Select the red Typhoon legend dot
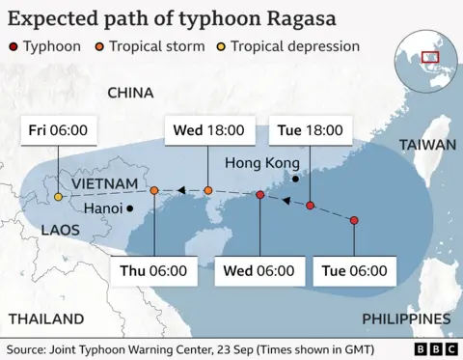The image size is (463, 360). click(x=14, y=46)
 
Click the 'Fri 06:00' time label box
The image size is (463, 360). click(x=57, y=130)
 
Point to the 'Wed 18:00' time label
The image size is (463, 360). click(x=207, y=130)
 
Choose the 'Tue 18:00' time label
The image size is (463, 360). click(x=310, y=130)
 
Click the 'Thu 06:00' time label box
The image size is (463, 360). click(x=153, y=270)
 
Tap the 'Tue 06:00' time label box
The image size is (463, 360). click(x=354, y=270)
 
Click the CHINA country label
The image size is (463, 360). click(x=130, y=93)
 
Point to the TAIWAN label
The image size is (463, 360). click(x=426, y=145)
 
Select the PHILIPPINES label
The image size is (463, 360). click(x=406, y=318)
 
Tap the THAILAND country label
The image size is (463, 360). click(x=45, y=318)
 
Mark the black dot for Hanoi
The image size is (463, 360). click(x=129, y=208)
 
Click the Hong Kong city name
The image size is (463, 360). click(x=257, y=163)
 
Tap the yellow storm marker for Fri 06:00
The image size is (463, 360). click(x=58, y=197)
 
